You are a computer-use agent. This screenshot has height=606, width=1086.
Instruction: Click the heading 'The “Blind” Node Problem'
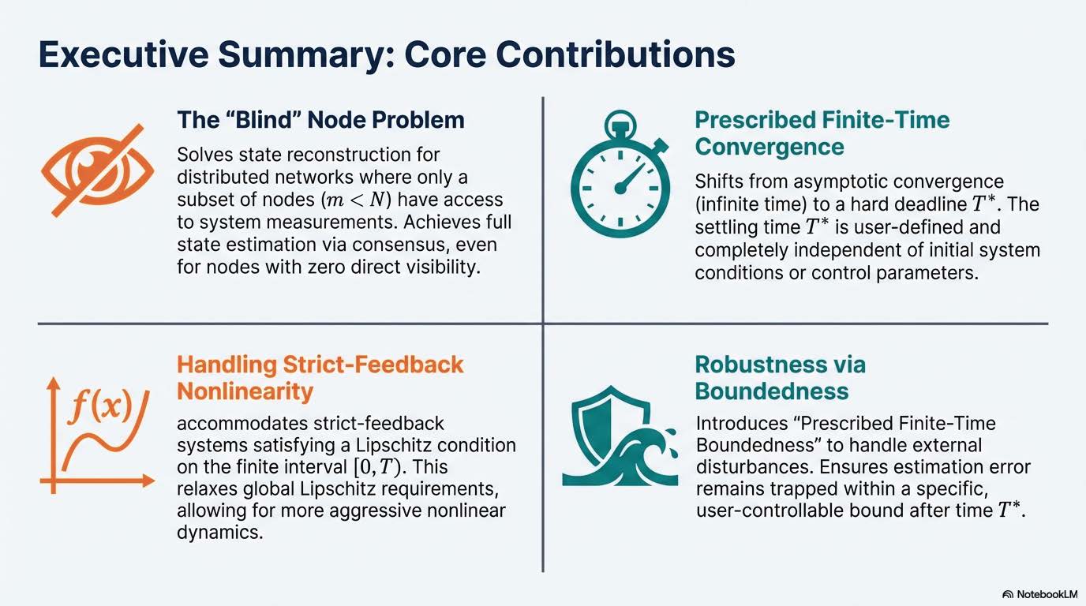tap(320, 120)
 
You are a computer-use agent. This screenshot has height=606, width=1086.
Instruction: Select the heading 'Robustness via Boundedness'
tap(780, 378)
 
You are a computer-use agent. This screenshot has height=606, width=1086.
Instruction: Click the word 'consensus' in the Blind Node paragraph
tap(418, 245)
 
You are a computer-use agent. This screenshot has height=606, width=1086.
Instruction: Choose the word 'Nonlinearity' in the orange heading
tap(245, 391)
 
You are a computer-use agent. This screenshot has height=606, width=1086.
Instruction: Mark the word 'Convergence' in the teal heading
tap(769, 146)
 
